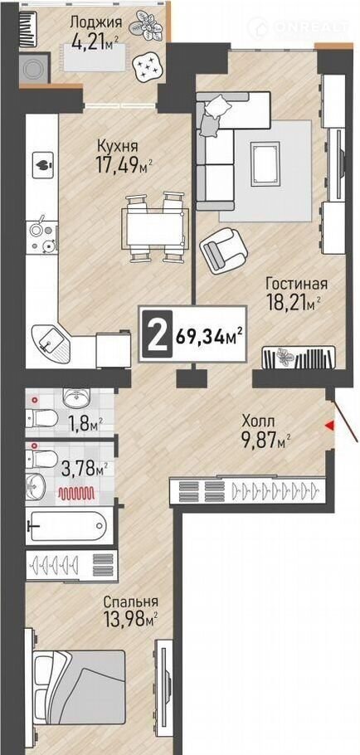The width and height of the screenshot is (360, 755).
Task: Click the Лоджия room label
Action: coord(95,22)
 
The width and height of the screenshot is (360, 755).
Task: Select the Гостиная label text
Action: coord(296,284)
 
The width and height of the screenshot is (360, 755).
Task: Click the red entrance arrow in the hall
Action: coord(329,425)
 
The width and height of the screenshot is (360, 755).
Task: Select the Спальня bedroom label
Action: coord(131,602)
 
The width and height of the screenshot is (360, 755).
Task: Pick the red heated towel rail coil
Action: coord(76,493)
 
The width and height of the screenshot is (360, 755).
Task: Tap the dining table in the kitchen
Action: coord(154,228)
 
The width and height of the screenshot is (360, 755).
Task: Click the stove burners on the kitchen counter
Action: coord(41,238)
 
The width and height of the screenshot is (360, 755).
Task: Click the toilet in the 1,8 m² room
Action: coord(42,418)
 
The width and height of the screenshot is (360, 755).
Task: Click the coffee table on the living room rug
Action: coord(265,163)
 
